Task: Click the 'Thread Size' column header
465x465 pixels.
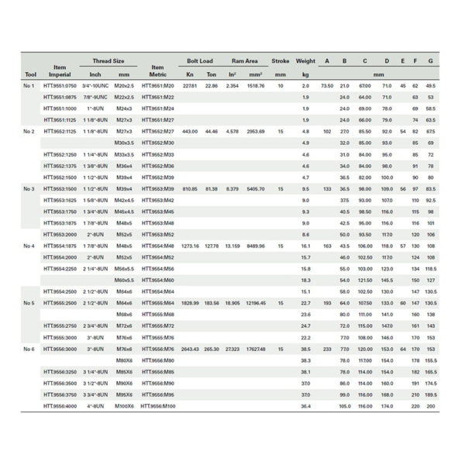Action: [x=108, y=60]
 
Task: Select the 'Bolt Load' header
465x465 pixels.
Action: [x=200, y=60]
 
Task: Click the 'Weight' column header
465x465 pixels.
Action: [x=305, y=60]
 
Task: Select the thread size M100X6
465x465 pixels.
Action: [x=124, y=406]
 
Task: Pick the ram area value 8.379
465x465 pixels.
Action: [x=232, y=188]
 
